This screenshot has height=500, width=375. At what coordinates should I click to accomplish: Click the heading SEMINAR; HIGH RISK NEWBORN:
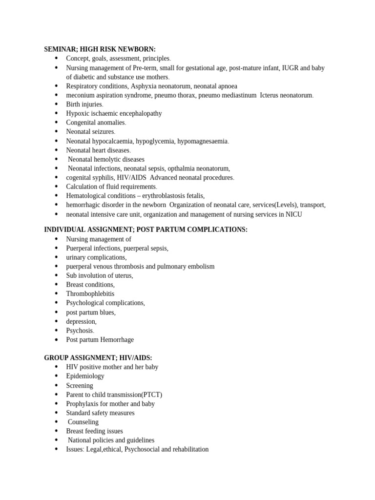tap(100, 49)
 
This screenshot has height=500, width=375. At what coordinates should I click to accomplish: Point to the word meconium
tap(80, 95)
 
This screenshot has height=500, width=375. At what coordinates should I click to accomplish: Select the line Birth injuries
tap(84, 104)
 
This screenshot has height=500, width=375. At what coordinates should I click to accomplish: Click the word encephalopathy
tap(137, 113)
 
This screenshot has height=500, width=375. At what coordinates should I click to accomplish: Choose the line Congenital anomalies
tap(96, 123)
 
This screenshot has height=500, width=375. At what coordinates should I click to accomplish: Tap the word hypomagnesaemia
tap(203, 141)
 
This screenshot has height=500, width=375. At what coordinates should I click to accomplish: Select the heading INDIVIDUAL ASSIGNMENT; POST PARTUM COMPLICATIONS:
tap(146, 229)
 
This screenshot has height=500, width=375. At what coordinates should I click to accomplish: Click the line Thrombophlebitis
tap(90, 294)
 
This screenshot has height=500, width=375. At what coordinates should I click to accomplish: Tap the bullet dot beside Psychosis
tap(56, 331)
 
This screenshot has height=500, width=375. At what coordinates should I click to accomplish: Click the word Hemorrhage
tap(117, 340)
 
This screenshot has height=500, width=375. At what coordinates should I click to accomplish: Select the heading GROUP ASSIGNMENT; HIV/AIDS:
tap(98, 358)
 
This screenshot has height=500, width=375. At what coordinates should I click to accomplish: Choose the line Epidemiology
tap(85, 376)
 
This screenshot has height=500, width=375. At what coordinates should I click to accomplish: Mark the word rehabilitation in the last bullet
tap(187, 449)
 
